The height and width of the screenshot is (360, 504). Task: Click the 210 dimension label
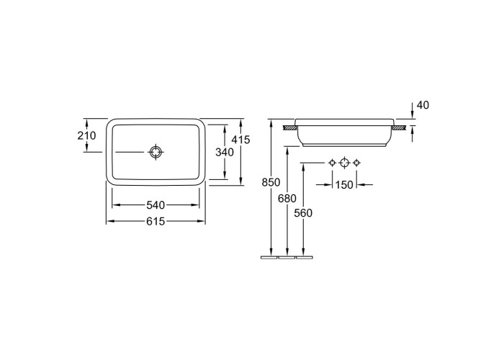(x=86, y=135)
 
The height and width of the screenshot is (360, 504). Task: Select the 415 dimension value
(x=240, y=140)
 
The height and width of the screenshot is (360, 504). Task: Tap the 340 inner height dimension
(x=225, y=152)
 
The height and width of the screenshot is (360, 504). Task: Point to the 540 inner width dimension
(x=156, y=204)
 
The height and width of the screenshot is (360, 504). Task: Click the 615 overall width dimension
(x=156, y=221)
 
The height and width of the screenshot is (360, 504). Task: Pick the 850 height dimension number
(x=271, y=182)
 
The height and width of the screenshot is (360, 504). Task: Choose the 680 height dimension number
(x=287, y=199)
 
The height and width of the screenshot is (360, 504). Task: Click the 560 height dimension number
(x=303, y=213)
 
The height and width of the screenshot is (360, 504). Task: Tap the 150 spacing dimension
(x=344, y=185)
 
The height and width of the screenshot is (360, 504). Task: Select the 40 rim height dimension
(x=423, y=105)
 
